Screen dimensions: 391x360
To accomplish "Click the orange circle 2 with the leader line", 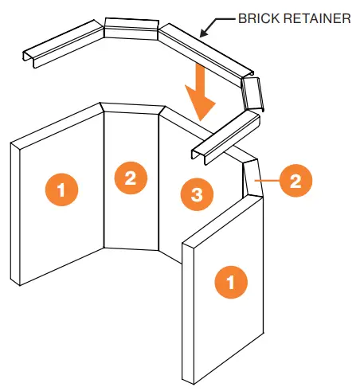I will [x=295, y=181].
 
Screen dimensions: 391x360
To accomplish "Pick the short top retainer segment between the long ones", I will [x=131, y=28].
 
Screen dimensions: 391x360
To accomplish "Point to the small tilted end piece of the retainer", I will [x=252, y=94].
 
